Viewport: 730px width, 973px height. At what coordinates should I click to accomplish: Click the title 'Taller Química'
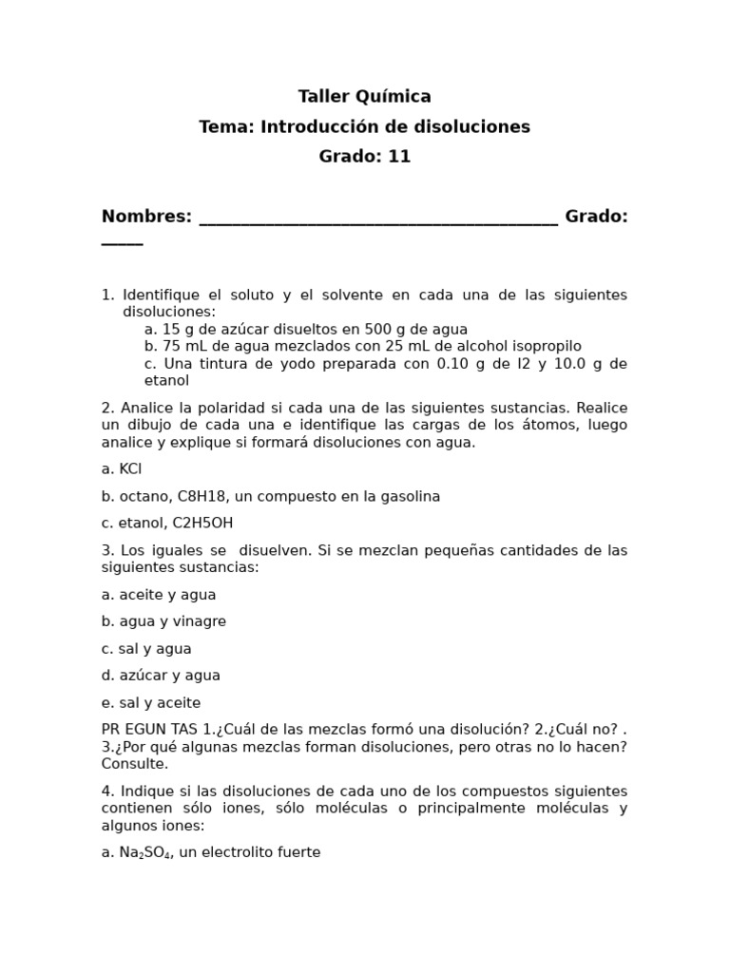[364, 96]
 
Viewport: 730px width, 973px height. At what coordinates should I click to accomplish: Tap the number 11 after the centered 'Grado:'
[399, 157]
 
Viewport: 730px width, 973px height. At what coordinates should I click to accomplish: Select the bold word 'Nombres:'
[146, 217]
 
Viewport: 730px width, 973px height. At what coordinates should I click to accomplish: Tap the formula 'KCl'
[130, 469]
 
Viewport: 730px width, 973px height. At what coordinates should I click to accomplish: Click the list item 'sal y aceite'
[160, 703]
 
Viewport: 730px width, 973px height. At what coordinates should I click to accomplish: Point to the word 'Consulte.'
[134, 764]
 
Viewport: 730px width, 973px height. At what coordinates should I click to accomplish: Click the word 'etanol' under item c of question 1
[166, 381]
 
